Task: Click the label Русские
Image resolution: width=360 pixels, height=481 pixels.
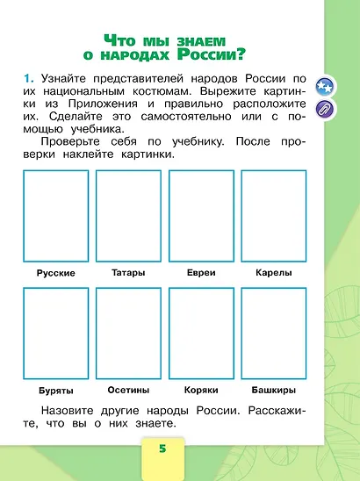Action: [56, 273]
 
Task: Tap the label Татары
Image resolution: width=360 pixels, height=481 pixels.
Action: [129, 272]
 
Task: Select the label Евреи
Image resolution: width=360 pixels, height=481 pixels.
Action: [201, 272]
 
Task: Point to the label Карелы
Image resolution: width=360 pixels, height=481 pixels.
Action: [274, 272]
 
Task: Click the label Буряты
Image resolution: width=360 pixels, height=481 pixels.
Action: [56, 390]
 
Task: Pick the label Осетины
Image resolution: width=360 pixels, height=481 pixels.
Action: [129, 389]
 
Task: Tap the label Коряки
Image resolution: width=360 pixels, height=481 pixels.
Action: [201, 389]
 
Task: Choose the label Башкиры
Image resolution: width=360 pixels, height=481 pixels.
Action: [274, 389]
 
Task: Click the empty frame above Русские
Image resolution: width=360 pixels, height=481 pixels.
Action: [56, 215]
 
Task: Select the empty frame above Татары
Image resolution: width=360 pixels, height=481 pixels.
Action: [129, 215]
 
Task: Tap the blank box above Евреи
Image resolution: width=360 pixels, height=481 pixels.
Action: [201, 215]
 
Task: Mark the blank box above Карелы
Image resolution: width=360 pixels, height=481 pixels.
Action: [274, 215]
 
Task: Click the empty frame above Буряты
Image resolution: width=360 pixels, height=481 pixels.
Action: [56, 332]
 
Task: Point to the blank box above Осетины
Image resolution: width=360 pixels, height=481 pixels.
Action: [129, 332]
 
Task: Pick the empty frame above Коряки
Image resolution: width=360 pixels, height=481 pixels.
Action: [201, 332]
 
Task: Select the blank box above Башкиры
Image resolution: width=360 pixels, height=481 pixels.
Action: [274, 332]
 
